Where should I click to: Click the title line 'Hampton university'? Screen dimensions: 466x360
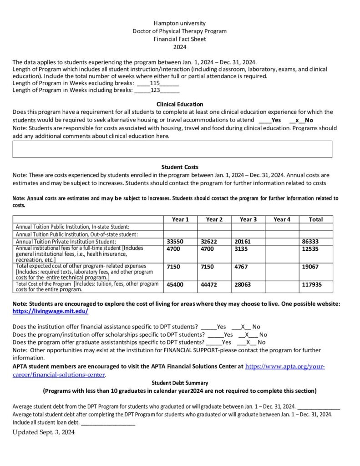click(179, 23)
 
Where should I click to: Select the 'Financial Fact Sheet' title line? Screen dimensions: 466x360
click(179, 39)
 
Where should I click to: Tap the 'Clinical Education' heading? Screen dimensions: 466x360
click(180, 104)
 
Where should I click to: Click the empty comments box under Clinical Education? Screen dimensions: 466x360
click(172, 149)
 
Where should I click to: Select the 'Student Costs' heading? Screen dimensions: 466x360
click(180, 167)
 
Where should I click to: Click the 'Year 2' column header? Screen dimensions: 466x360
click(214, 219)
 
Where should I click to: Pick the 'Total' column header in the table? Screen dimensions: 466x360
click(315, 219)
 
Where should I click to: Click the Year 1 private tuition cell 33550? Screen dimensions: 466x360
click(175, 241)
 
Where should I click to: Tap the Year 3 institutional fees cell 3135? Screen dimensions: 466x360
click(242, 249)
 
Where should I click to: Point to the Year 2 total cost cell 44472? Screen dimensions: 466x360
click(209, 284)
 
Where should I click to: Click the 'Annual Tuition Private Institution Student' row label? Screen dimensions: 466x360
click(66, 241)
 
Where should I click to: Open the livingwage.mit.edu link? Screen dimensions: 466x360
click(50, 311)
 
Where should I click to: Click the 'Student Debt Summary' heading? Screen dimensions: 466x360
click(180, 383)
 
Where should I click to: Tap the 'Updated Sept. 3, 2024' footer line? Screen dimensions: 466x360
click(43, 432)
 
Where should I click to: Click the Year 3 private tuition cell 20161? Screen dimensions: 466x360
click(243, 241)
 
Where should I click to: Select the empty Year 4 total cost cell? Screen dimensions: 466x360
click(282, 286)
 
